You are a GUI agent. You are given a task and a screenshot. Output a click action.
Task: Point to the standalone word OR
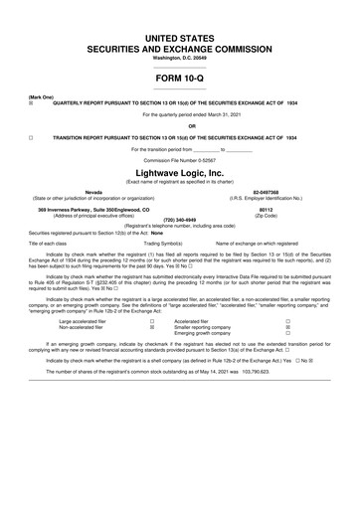(179, 125)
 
